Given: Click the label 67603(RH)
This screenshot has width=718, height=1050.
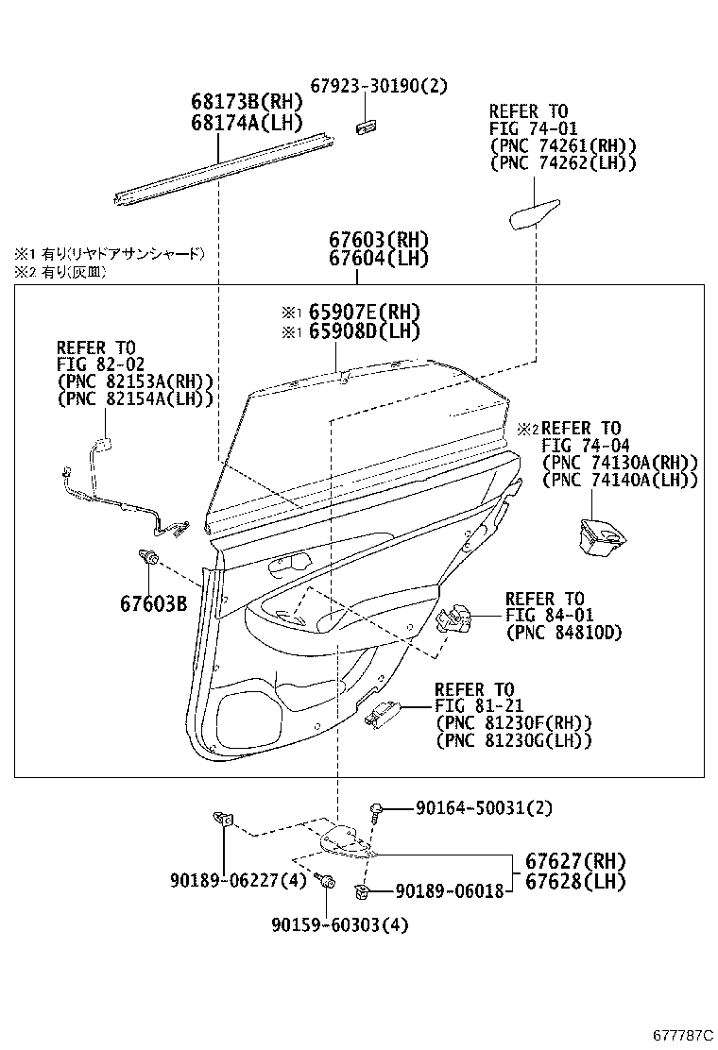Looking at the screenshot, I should coord(379,239).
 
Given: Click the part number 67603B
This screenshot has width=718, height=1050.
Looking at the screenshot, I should coord(153,602).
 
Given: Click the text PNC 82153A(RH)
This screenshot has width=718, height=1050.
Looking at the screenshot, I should coord(135,381).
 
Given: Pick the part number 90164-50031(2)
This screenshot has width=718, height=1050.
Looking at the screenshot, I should coord(484,808).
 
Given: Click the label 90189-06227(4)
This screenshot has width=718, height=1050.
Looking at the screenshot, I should coord(226,880).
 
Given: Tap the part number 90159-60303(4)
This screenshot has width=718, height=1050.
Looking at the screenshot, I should coord(325,925).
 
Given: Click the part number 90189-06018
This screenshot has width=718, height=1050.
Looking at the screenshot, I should coord(449,889).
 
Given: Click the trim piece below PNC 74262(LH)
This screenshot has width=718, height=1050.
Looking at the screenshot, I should coord(536,215).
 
